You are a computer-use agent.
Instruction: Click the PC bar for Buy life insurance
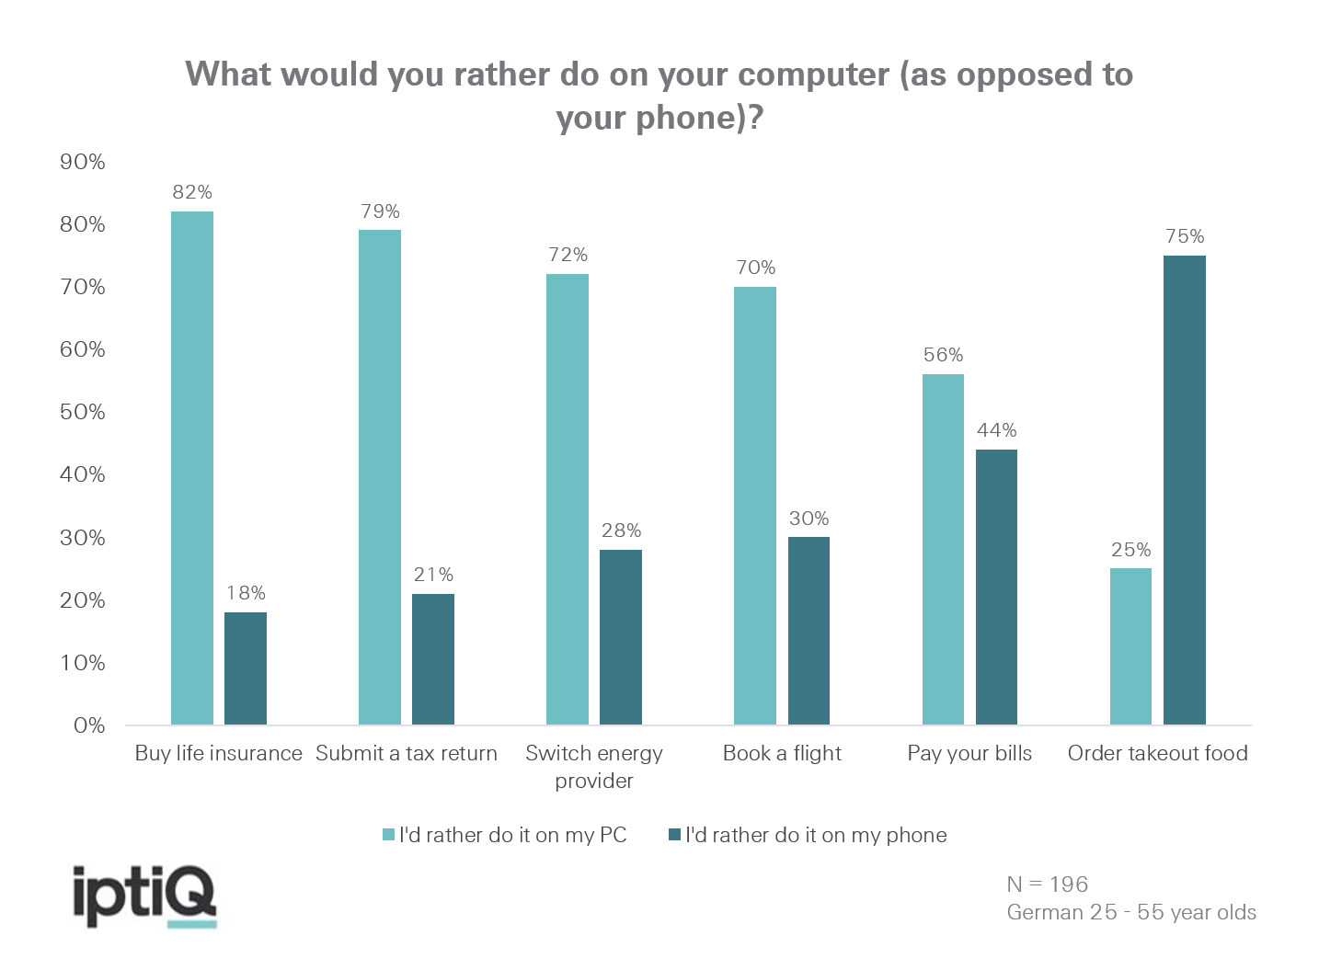(x=192, y=468)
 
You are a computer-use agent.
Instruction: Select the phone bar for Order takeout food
(x=1184, y=490)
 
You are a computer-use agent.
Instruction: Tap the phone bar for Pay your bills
(x=996, y=587)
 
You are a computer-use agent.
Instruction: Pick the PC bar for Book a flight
(x=755, y=506)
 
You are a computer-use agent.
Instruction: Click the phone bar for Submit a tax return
(x=433, y=659)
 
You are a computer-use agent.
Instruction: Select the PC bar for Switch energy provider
(x=568, y=499)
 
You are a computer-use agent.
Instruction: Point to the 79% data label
(x=380, y=211)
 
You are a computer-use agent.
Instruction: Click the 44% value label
(x=996, y=430)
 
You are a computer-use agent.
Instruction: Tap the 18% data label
(x=246, y=593)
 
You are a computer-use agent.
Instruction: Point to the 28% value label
(x=621, y=531)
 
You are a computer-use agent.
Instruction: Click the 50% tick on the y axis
(x=83, y=412)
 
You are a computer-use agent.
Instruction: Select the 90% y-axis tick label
(x=83, y=162)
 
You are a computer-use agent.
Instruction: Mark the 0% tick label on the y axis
(x=89, y=725)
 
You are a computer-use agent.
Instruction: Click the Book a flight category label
(x=782, y=753)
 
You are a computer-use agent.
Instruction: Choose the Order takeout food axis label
(x=1157, y=753)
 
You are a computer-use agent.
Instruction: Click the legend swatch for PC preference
(x=389, y=835)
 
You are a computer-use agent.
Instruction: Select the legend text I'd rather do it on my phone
(x=816, y=835)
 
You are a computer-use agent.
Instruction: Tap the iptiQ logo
(x=145, y=896)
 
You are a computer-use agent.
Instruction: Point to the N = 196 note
(x=1048, y=884)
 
